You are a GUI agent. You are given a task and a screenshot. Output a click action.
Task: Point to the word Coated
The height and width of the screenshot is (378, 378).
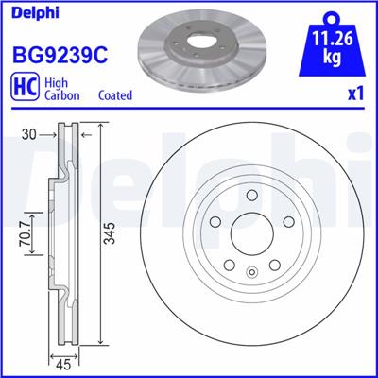pos(114,95)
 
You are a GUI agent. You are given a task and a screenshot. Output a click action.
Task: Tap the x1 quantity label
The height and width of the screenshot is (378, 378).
pos(356,95)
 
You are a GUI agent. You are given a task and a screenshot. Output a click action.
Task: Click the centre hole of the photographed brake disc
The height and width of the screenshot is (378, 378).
pos(196,43)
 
